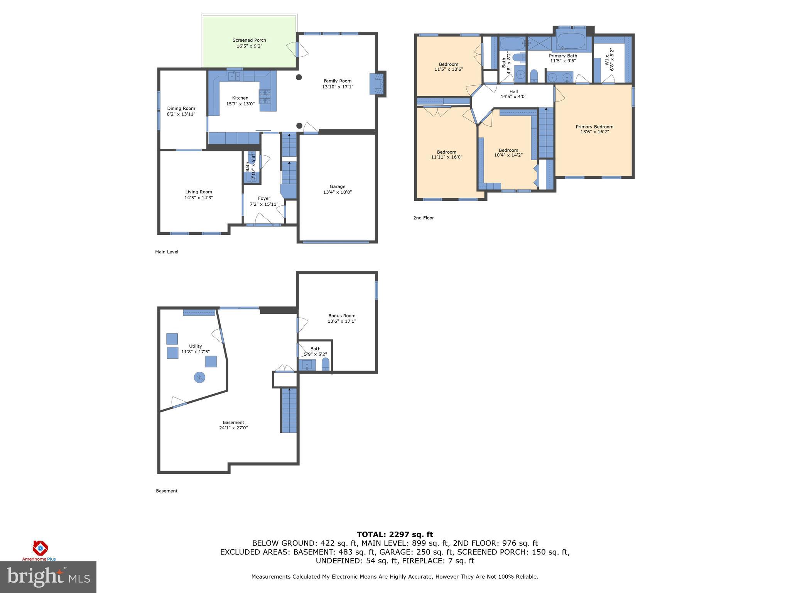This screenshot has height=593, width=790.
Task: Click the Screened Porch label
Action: [x=249, y=40]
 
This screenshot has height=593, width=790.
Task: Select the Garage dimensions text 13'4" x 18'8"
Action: [x=337, y=192]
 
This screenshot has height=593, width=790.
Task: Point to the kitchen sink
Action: [x=234, y=76]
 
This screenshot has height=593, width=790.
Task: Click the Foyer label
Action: [x=264, y=198]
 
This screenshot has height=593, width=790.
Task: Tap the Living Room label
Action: [x=199, y=192]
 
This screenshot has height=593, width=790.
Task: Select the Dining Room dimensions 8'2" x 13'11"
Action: [x=181, y=114]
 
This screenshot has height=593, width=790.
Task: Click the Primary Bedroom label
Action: [x=594, y=127]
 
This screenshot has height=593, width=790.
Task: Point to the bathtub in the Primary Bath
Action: [x=571, y=41]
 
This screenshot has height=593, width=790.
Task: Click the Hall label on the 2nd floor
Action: [x=513, y=91]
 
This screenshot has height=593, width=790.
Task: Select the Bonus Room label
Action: [x=342, y=315]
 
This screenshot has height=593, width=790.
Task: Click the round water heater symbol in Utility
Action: [x=199, y=377]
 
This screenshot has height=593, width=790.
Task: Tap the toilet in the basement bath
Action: [x=326, y=364]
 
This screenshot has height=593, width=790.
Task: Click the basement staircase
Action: [x=289, y=410]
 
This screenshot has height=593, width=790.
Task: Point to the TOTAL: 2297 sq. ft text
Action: [x=395, y=534]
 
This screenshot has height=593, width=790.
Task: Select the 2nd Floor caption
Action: [x=424, y=218]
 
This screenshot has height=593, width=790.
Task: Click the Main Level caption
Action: [x=167, y=252]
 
